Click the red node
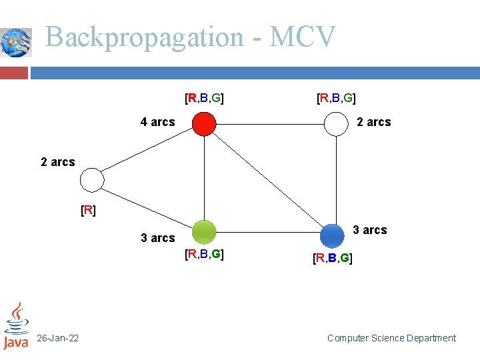pos(204,123)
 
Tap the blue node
pos(332,235)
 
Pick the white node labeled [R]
pos(92,180)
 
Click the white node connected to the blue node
pos(337,123)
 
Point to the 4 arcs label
pos(157,122)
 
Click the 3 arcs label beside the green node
pos(157,238)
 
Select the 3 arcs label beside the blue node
pos(369,230)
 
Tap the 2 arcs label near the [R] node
pos(58,162)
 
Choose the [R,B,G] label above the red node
pos(204,99)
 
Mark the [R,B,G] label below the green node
pos(204,254)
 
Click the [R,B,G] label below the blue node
pos(333,258)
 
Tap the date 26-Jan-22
pos(57,339)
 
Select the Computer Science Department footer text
pos(391,339)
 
